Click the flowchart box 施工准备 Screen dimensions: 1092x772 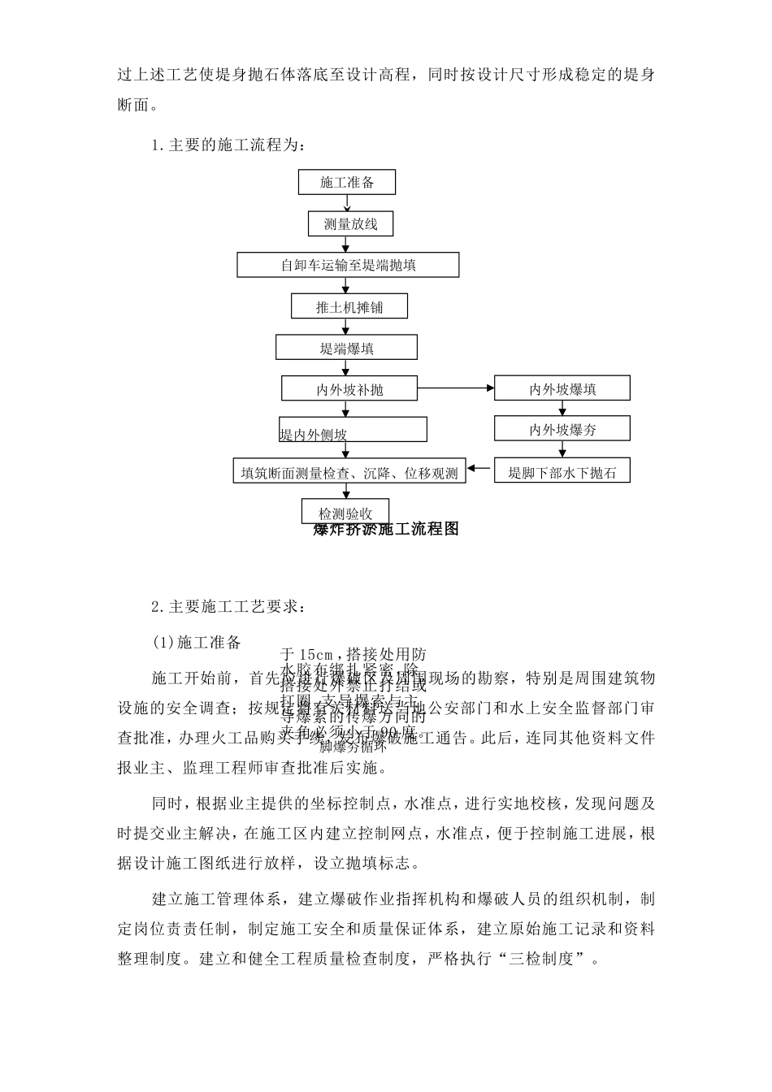click(347, 182)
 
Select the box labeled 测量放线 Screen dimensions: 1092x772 click(350, 224)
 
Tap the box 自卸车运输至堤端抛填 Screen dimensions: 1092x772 click(348, 265)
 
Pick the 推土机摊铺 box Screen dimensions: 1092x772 click(349, 306)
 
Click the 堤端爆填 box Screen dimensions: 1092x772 click(346, 348)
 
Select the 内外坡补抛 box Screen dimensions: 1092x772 click(349, 388)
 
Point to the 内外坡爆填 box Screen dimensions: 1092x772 click(562, 388)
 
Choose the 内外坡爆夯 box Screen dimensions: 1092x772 click(562, 429)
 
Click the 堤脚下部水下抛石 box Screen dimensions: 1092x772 click(562, 471)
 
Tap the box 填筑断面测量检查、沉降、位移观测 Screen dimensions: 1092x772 click(349, 472)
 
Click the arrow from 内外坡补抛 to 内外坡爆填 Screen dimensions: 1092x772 click(456, 388)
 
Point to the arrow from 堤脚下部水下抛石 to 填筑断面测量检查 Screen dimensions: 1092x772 click(480, 469)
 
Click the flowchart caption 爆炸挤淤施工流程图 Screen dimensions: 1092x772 click(387, 530)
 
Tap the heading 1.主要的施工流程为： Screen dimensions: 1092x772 click(230, 145)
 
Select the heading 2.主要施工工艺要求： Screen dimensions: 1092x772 click(230, 606)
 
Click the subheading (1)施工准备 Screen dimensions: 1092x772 click(197, 643)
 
